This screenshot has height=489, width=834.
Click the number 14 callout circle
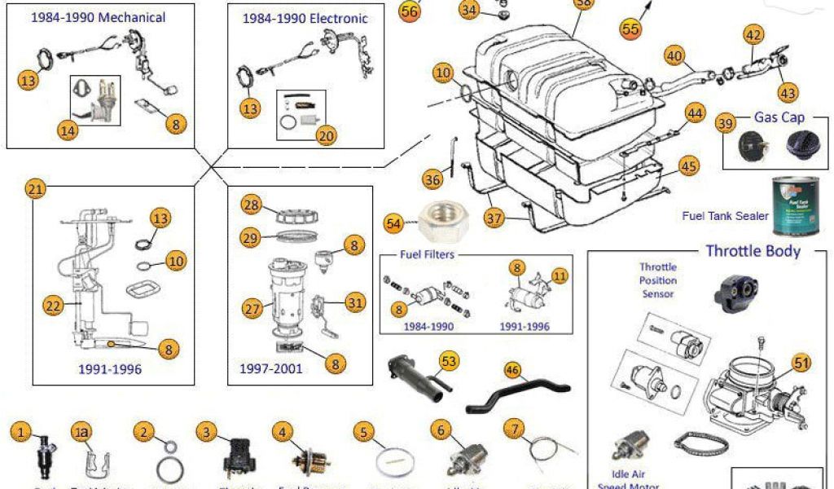pyautogui.click(x=68, y=130)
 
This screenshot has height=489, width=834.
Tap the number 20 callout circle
pyautogui.click(x=327, y=136)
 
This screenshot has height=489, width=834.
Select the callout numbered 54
pyautogui.click(x=394, y=222)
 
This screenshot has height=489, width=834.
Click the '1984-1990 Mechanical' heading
pyautogui.click(x=98, y=17)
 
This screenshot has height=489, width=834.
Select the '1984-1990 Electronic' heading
pyautogui.click(x=305, y=18)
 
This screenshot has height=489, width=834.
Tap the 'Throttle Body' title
pyautogui.click(x=753, y=250)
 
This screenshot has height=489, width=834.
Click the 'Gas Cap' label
pyautogui.click(x=779, y=117)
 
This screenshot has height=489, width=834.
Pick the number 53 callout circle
pyautogui.click(x=449, y=360)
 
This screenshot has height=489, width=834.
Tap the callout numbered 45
pyautogui.click(x=689, y=166)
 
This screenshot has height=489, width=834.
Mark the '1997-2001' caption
pyautogui.click(x=270, y=368)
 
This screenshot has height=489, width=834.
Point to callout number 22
pyautogui.click(x=53, y=306)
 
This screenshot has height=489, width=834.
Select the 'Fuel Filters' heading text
pyautogui.click(x=427, y=254)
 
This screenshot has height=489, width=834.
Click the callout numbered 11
pyautogui.click(x=558, y=275)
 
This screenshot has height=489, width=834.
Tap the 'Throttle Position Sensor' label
pyautogui.click(x=658, y=280)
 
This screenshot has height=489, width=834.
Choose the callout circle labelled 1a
pyautogui.click(x=81, y=431)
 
